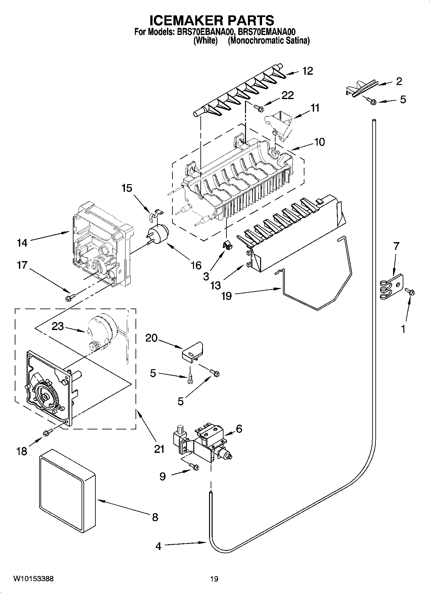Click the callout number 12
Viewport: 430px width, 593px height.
pos(307,71)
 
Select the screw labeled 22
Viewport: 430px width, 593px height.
pos(259,108)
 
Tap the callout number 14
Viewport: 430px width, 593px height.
pos(22,243)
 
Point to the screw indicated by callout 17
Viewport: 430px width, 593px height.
pos(69,298)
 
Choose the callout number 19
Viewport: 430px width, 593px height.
pos(226,295)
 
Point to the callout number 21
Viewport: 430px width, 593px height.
pos(159,449)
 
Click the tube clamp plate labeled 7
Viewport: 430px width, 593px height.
pos(391,285)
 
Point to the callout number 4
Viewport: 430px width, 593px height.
pos(158,546)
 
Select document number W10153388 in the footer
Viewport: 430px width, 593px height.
pos(33,579)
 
